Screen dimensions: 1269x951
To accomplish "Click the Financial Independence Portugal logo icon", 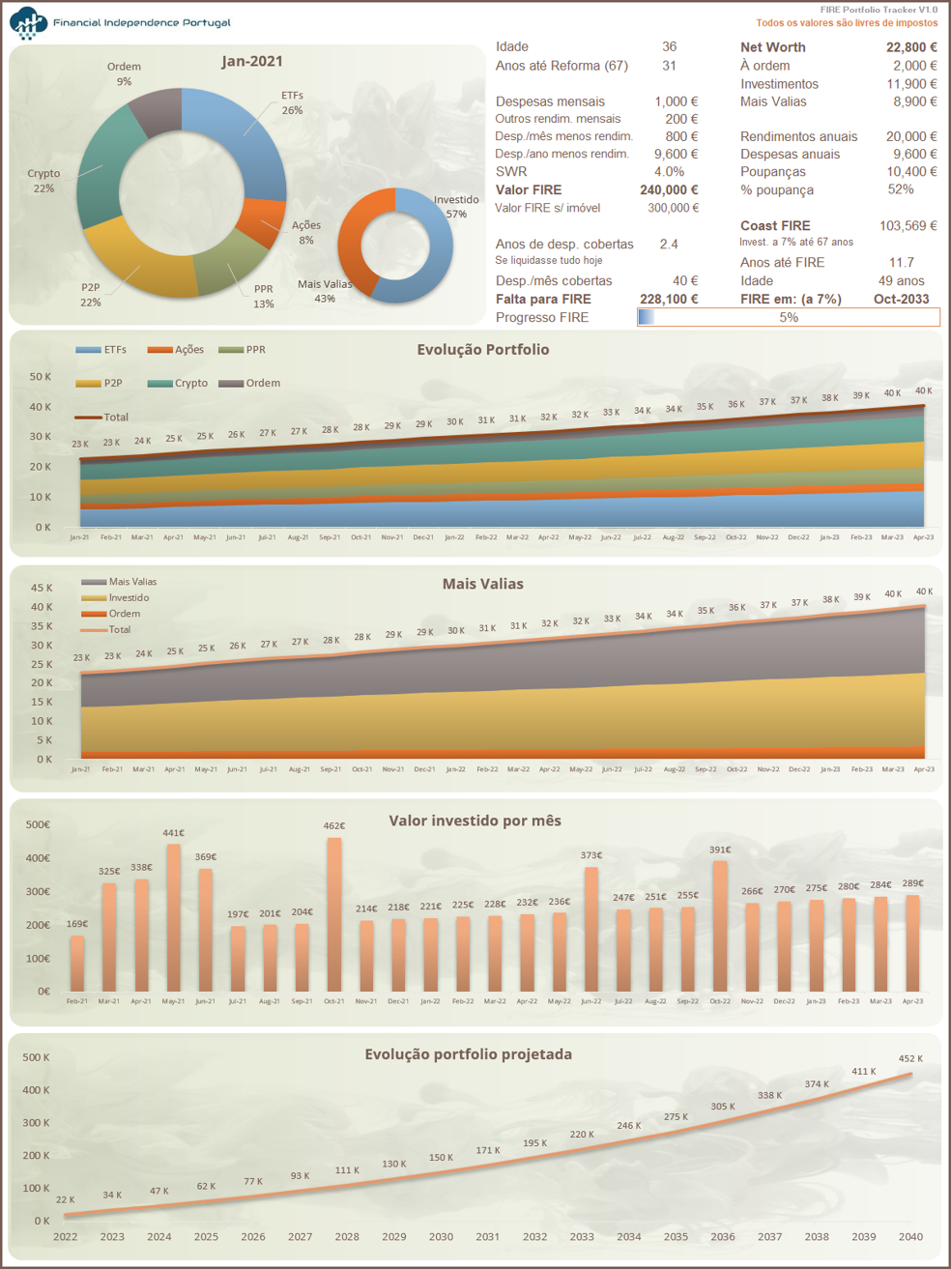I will pyautogui.click(x=28, y=22).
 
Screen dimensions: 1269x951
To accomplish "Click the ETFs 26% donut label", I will pyautogui.click(x=292, y=102).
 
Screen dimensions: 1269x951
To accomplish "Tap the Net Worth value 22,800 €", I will pyautogui.click(x=910, y=46).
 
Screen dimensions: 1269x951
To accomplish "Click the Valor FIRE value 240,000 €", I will pyautogui.click(x=668, y=189).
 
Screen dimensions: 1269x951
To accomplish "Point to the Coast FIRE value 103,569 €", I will pyautogui.click(x=908, y=225).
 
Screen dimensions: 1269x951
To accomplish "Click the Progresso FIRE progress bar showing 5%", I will pyautogui.click(x=788, y=317).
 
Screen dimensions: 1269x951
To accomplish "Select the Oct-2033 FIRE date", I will pyautogui.click(x=901, y=299).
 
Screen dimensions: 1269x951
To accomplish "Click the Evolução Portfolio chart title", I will pyautogui.click(x=482, y=349).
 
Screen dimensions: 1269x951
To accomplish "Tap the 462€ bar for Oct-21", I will pyautogui.click(x=333, y=913).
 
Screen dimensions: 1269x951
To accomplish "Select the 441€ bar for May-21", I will pyautogui.click(x=173, y=917).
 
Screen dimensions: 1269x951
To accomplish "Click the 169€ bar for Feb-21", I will pyautogui.click(x=77, y=963).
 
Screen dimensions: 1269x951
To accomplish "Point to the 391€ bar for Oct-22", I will pyautogui.click(x=719, y=925).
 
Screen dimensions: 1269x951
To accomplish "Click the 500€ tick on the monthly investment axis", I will pyautogui.click(x=38, y=824).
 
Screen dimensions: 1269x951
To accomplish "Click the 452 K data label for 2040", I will pyautogui.click(x=910, y=1058).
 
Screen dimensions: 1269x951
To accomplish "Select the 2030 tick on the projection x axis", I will pyautogui.click(x=441, y=1236).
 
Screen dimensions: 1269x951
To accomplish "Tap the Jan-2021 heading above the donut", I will pyautogui.click(x=251, y=61).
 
